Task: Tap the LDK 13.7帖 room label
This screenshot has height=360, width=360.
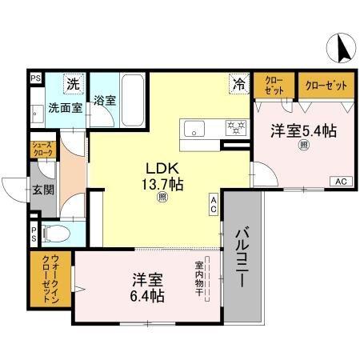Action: [164, 177]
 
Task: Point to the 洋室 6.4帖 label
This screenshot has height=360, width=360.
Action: [148, 288]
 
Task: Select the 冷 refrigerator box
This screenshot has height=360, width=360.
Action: [238, 82]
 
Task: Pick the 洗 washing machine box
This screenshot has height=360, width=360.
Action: [72, 82]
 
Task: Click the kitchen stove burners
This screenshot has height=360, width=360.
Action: [235, 126]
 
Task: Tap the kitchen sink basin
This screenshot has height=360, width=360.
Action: [194, 127]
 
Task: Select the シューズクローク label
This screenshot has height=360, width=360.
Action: [42, 149]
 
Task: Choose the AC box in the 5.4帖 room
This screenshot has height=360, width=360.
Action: [340, 181]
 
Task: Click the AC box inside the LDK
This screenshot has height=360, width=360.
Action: [214, 204]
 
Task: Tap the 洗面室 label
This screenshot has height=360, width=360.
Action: [64, 107]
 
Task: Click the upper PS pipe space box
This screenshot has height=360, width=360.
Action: [35, 78]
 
